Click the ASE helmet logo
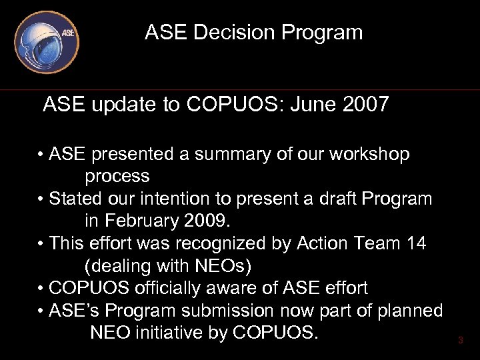pos(47,41)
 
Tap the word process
pos(117,177)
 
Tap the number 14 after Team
pos(415,243)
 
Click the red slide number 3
pos(460,341)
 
